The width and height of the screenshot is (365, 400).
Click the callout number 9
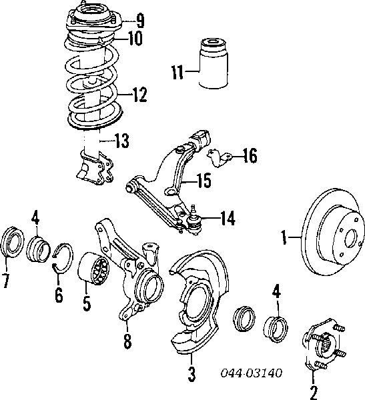(x=139, y=18)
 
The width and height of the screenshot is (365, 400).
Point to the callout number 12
(x=139, y=96)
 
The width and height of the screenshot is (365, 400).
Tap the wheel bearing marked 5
(x=93, y=273)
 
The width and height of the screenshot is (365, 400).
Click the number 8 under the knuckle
(x=126, y=342)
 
